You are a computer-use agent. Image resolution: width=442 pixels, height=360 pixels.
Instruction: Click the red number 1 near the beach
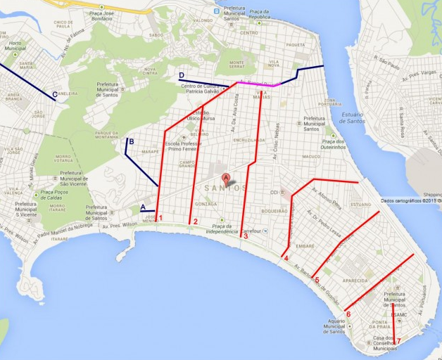click(x=161, y=218)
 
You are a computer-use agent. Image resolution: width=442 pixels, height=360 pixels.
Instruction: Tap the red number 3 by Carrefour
click(x=246, y=236)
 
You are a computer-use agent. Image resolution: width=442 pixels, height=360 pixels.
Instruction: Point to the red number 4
click(x=286, y=258)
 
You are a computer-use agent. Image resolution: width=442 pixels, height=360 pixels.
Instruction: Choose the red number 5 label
click(x=317, y=280)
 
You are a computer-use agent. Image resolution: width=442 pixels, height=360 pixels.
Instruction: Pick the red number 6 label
click(x=348, y=314)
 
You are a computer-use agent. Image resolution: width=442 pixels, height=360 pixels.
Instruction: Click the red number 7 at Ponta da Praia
click(x=398, y=342)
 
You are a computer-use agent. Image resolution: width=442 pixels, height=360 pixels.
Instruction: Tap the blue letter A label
click(x=143, y=207)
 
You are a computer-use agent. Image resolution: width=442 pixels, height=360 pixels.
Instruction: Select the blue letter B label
click(x=131, y=142)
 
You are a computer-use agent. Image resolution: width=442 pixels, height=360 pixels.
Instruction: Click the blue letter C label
click(x=54, y=94)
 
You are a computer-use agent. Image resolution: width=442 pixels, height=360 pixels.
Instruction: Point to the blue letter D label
click(x=182, y=75)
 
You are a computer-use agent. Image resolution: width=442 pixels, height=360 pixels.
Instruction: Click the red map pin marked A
click(x=226, y=179)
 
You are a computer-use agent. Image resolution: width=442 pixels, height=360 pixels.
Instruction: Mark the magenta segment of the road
click(x=260, y=84)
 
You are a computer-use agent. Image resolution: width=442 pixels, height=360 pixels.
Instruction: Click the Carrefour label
click(x=251, y=231)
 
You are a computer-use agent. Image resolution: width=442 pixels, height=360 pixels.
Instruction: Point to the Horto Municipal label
click(x=14, y=47)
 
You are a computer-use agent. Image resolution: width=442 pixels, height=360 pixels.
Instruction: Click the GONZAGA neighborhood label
click(x=206, y=203)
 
